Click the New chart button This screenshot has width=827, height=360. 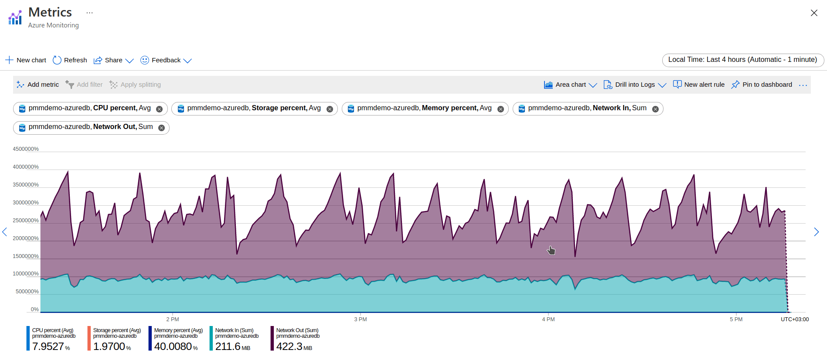tap(26, 60)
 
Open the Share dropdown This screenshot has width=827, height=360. tap(113, 60)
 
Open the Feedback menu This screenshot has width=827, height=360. tap(166, 60)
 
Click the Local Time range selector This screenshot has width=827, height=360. tap(742, 60)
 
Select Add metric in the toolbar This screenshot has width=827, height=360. tap(38, 85)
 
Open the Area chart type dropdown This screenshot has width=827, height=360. tap(570, 85)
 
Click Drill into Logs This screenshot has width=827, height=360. tap(635, 85)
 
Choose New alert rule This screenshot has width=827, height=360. tap(699, 85)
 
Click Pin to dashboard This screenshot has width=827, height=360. tap(762, 85)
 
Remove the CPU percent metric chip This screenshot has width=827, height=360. tap(160, 109)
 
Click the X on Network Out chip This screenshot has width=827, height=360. tap(161, 128)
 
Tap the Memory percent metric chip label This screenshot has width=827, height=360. tap(424, 108)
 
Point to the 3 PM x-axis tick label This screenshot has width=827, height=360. tap(360, 319)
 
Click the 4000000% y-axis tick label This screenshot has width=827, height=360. tap(26, 167)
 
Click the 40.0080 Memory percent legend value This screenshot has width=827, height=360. tap(173, 346)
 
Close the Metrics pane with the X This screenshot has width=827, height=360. tap(814, 13)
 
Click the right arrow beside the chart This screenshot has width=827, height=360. tap(816, 232)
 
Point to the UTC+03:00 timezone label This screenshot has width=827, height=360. tap(794, 319)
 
